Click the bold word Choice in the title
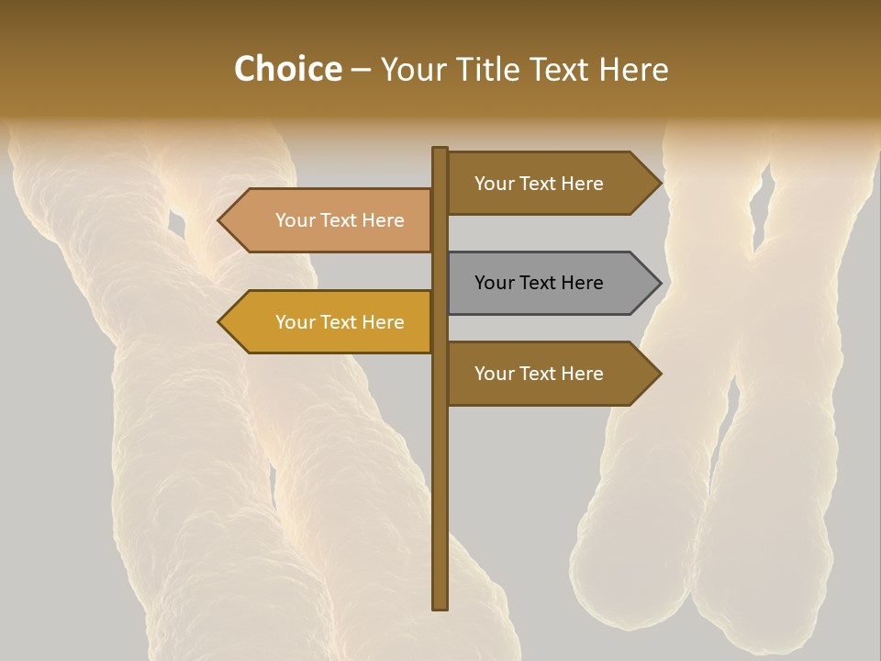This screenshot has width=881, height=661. (x=287, y=69)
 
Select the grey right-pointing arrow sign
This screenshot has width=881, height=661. (x=551, y=283)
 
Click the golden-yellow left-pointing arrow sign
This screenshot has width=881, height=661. (x=330, y=322)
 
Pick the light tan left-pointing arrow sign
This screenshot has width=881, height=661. (x=330, y=220)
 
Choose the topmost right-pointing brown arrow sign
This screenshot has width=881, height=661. (x=551, y=184)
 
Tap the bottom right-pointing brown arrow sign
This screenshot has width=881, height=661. (x=551, y=374)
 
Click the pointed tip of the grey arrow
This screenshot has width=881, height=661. (x=659, y=283)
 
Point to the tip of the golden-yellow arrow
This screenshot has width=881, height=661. (x=220, y=322)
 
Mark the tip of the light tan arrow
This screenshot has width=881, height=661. (x=220, y=220)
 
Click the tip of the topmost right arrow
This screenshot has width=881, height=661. (x=659, y=184)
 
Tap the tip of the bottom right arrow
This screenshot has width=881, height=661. (x=659, y=374)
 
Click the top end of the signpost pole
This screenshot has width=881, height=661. (x=440, y=150)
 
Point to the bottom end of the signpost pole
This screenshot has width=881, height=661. (x=440, y=607)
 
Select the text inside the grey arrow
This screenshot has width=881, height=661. (x=539, y=283)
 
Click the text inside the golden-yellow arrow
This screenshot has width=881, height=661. (x=340, y=322)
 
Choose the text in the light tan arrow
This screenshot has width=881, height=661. (x=340, y=220)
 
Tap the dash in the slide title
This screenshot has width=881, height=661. (x=361, y=70)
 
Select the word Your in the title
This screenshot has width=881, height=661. (x=409, y=69)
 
